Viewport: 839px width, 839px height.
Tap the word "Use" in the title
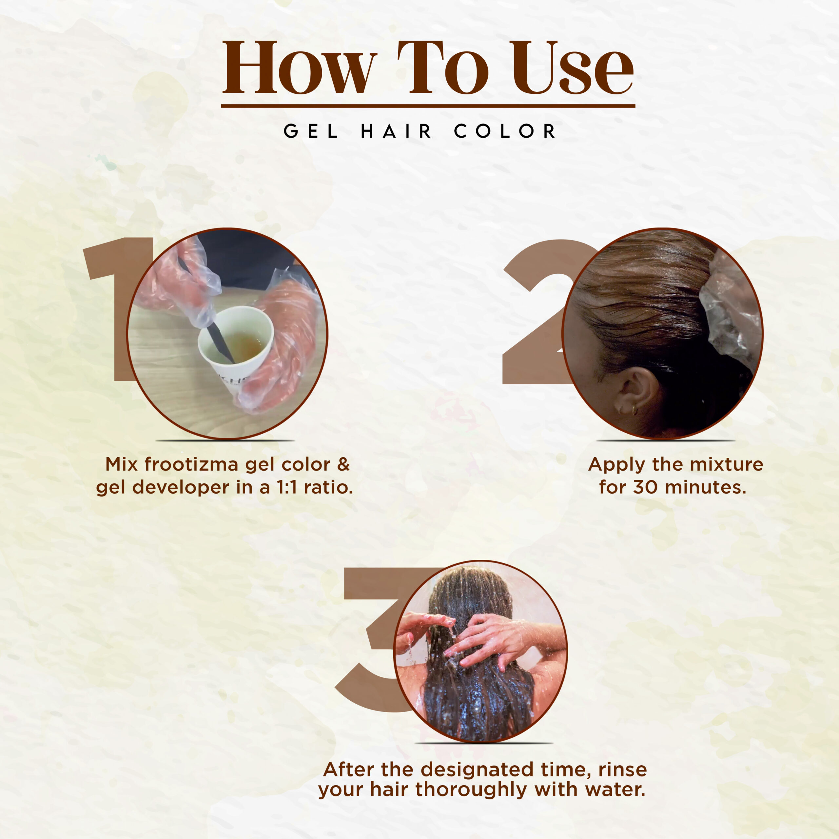572,68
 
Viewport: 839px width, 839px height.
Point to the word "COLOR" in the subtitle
505,131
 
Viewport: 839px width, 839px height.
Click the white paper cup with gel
235,347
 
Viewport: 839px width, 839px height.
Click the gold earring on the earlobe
634,409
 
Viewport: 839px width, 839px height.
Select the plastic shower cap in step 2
730,310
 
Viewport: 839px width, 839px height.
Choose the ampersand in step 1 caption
343,464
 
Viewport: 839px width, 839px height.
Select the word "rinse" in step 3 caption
623,770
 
